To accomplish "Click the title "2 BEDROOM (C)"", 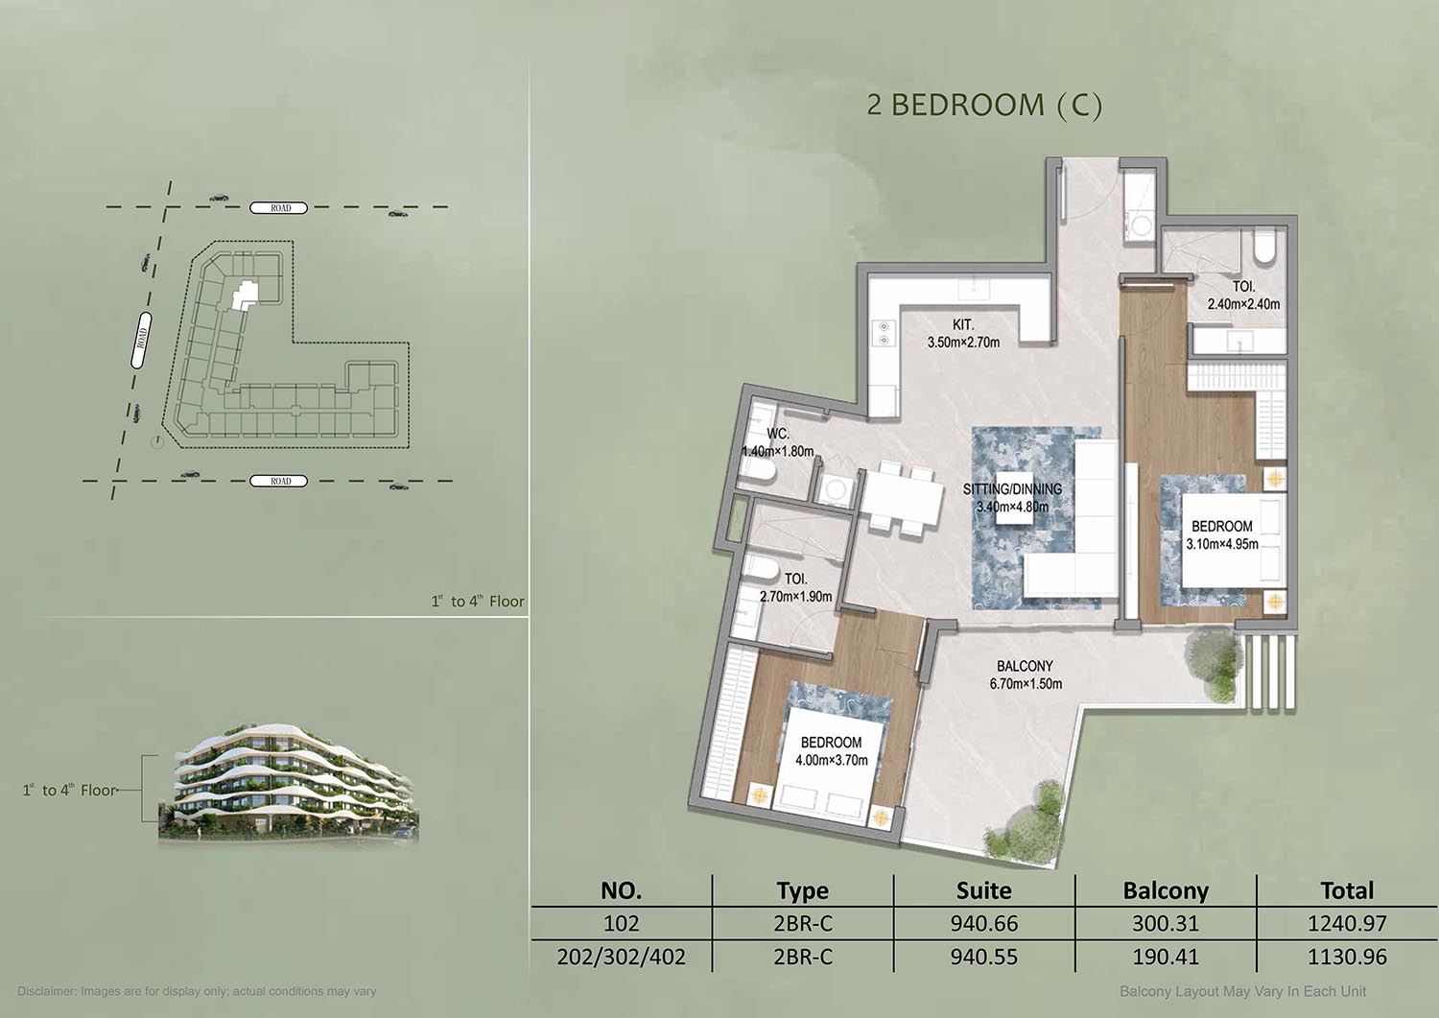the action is tap(984, 106).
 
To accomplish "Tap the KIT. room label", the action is tap(963, 325).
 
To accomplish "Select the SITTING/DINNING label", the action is tap(1012, 489).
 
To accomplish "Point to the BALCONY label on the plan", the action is tap(1025, 666).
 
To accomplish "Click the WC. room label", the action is tap(778, 434).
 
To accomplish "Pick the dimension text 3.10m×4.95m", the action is tap(1222, 544).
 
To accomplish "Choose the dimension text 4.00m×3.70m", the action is tap(832, 760).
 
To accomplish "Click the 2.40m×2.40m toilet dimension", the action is tap(1243, 304).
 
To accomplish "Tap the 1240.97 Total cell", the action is tap(1347, 923).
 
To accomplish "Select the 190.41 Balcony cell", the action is tap(1166, 957).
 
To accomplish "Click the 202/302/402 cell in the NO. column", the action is tap(622, 957).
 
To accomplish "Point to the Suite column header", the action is tap(983, 890).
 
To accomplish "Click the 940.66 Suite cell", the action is tap(984, 923).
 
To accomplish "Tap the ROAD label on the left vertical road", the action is tap(141, 340).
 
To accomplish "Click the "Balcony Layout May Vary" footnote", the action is tap(1242, 992).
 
